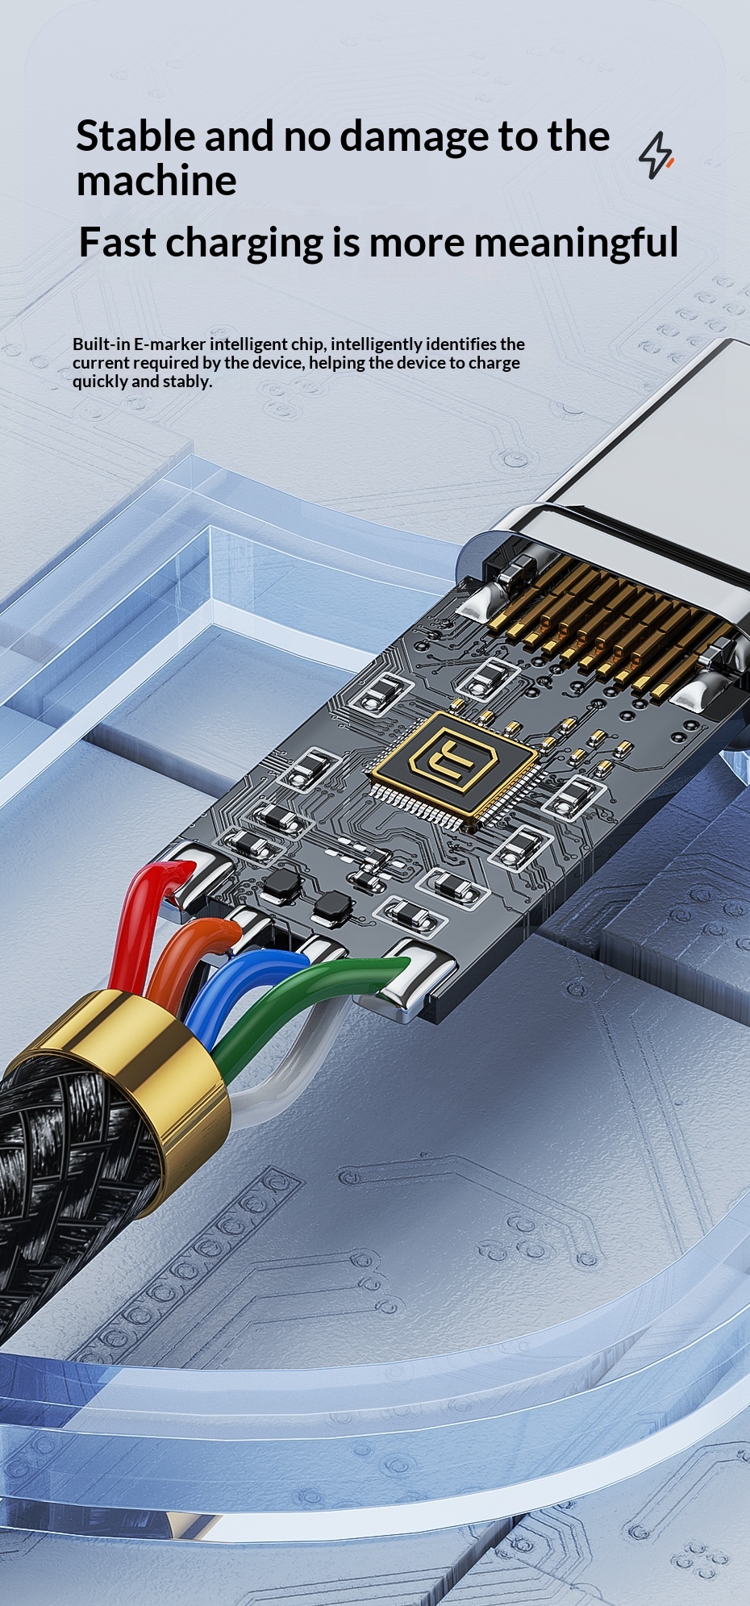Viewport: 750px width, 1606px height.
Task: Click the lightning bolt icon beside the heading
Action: point(656,155)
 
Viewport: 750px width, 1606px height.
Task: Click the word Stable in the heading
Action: point(135,136)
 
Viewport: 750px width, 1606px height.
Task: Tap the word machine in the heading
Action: point(156,180)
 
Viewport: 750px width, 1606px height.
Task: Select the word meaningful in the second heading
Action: point(576,243)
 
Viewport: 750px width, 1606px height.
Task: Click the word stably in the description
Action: point(188,382)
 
